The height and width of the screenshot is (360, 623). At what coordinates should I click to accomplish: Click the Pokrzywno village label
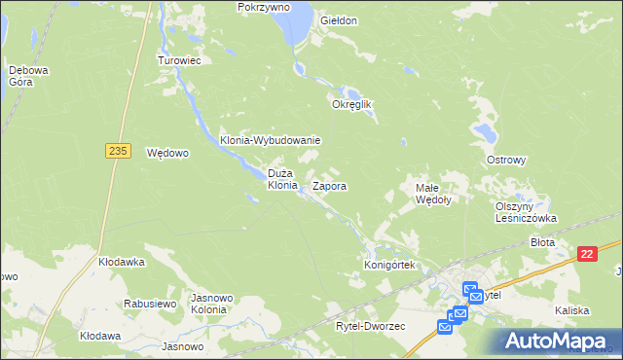pyautogui.click(x=265, y=7)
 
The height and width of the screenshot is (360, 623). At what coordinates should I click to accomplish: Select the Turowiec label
pyautogui.click(x=179, y=59)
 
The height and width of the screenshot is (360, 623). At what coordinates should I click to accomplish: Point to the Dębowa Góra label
pyautogui.click(x=21, y=76)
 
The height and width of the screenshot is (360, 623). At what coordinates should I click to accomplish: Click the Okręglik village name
pyautogui.click(x=353, y=104)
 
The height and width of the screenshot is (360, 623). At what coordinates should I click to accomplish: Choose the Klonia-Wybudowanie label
pyautogui.click(x=270, y=140)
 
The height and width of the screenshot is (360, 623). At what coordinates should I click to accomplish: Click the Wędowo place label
pyautogui.click(x=166, y=153)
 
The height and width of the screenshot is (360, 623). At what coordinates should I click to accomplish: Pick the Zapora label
pyautogui.click(x=330, y=185)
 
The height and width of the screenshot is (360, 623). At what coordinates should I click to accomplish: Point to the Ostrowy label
pyautogui.click(x=506, y=160)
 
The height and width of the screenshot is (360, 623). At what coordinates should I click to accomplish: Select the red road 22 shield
pyautogui.click(x=586, y=254)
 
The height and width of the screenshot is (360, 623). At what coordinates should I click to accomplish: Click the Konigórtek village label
pyautogui.click(x=389, y=265)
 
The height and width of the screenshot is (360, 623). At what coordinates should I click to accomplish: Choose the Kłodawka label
pyautogui.click(x=122, y=262)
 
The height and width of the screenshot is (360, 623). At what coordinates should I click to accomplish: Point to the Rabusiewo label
pyautogui.click(x=149, y=304)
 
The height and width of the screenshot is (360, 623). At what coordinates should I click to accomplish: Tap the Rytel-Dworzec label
pyautogui.click(x=370, y=326)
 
